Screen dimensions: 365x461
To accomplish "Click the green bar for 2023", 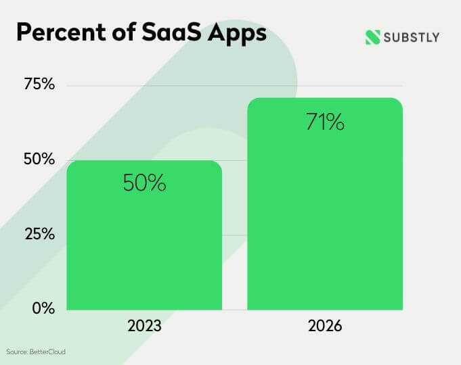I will (x=144, y=237).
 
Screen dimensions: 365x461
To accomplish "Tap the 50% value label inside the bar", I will (x=144, y=183).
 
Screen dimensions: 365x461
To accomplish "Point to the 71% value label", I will (x=324, y=123).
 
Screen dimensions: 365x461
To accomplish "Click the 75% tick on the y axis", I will (x=39, y=85).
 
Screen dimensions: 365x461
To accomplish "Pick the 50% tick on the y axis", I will (x=39, y=160).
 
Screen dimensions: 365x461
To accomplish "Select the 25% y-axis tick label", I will (x=39, y=235).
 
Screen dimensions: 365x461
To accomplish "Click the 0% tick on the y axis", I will (x=43, y=309).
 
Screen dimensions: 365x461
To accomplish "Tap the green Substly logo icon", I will (x=373, y=37).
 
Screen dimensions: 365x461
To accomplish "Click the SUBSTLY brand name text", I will (x=412, y=37).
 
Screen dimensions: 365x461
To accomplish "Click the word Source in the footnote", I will (x=17, y=352).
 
